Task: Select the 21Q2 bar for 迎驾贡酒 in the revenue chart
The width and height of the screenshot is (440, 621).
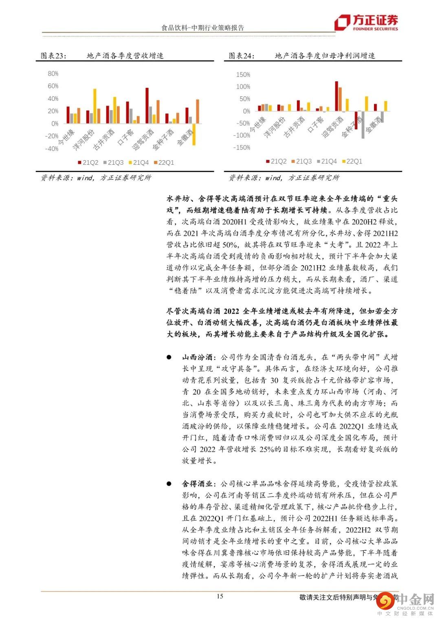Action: (147, 105)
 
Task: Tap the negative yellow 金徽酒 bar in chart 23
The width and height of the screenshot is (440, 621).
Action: (194, 134)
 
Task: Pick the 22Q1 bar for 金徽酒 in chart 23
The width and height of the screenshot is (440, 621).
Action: (198, 111)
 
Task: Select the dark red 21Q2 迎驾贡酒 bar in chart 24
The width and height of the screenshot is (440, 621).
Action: (337, 96)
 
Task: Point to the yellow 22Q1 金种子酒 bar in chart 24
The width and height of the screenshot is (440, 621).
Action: (366, 104)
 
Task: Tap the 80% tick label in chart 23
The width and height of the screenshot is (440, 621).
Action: (53, 74)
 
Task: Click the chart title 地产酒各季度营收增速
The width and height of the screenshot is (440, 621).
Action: (125, 56)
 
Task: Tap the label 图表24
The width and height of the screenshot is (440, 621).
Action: (241, 56)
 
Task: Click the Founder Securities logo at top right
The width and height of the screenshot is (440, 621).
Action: (366, 22)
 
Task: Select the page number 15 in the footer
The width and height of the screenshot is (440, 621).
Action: (220, 596)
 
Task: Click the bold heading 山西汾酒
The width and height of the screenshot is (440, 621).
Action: (198, 357)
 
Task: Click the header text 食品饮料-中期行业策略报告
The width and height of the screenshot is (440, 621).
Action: (203, 28)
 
